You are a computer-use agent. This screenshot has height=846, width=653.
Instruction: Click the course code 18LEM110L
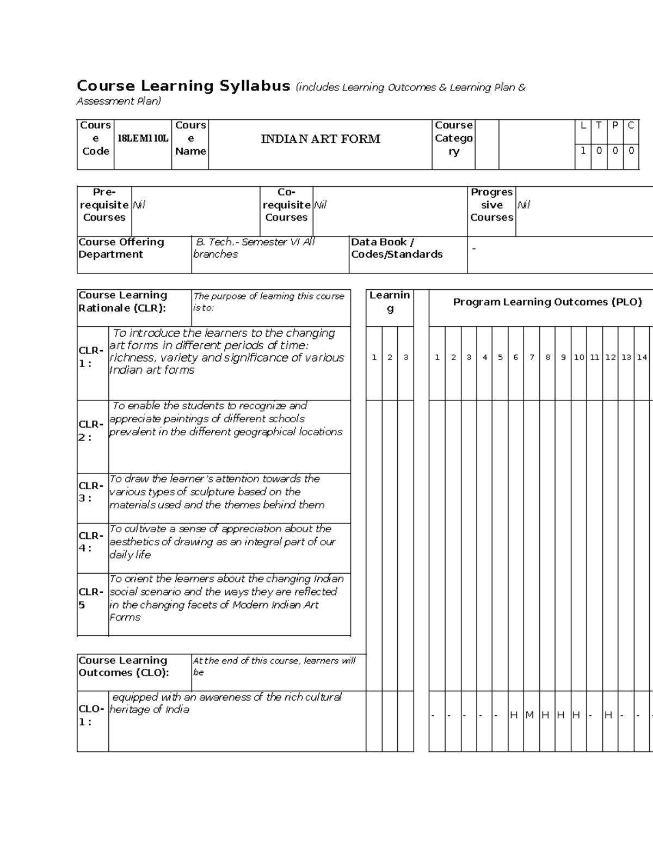(x=143, y=138)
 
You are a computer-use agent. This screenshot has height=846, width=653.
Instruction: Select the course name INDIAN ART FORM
(x=321, y=139)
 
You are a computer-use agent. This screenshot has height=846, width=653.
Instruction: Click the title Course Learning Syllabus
(x=183, y=86)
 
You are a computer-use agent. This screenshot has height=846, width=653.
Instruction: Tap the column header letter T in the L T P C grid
(x=599, y=125)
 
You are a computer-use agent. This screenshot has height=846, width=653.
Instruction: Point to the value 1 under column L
(x=583, y=151)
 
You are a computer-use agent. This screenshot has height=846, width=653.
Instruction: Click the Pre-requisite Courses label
(x=104, y=205)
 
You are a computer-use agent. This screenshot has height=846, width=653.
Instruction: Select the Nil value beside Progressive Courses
(x=523, y=205)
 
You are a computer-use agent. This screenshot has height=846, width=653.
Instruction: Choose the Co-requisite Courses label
(x=286, y=205)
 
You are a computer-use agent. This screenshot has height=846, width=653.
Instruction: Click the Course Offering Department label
(x=121, y=248)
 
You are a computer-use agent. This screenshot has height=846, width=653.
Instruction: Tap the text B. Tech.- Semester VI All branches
(x=255, y=248)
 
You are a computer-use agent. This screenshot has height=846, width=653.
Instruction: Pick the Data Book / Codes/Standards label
(x=397, y=248)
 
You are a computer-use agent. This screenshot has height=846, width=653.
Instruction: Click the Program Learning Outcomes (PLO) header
(x=547, y=302)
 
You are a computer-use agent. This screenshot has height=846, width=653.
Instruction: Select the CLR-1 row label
(x=91, y=357)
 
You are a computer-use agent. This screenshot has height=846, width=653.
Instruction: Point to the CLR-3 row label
(x=91, y=492)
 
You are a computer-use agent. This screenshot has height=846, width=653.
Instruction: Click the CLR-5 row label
(x=91, y=598)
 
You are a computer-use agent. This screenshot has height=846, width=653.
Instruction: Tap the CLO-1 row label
(x=91, y=715)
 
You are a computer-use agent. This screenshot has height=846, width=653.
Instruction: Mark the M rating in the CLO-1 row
(x=530, y=715)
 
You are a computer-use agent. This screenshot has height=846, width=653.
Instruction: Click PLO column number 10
(x=579, y=357)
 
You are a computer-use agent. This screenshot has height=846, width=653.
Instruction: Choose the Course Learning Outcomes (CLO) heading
(x=124, y=666)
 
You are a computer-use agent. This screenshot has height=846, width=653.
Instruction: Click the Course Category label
(x=453, y=138)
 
